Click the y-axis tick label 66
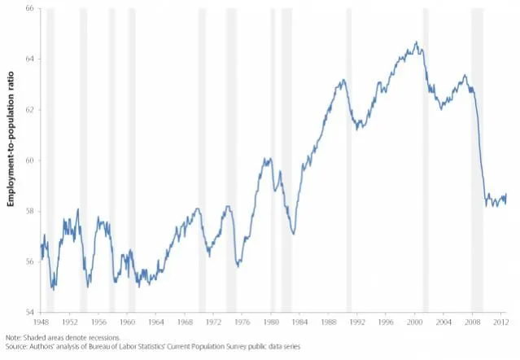point(29,8)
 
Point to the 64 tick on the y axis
point(29,59)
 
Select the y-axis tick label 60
point(29,160)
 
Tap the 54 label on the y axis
point(29,312)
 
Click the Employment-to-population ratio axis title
point(12,160)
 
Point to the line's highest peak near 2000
point(416,42)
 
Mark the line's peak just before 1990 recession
point(343,80)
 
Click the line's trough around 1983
point(293,234)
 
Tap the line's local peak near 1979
point(267,159)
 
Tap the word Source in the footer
point(17,346)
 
